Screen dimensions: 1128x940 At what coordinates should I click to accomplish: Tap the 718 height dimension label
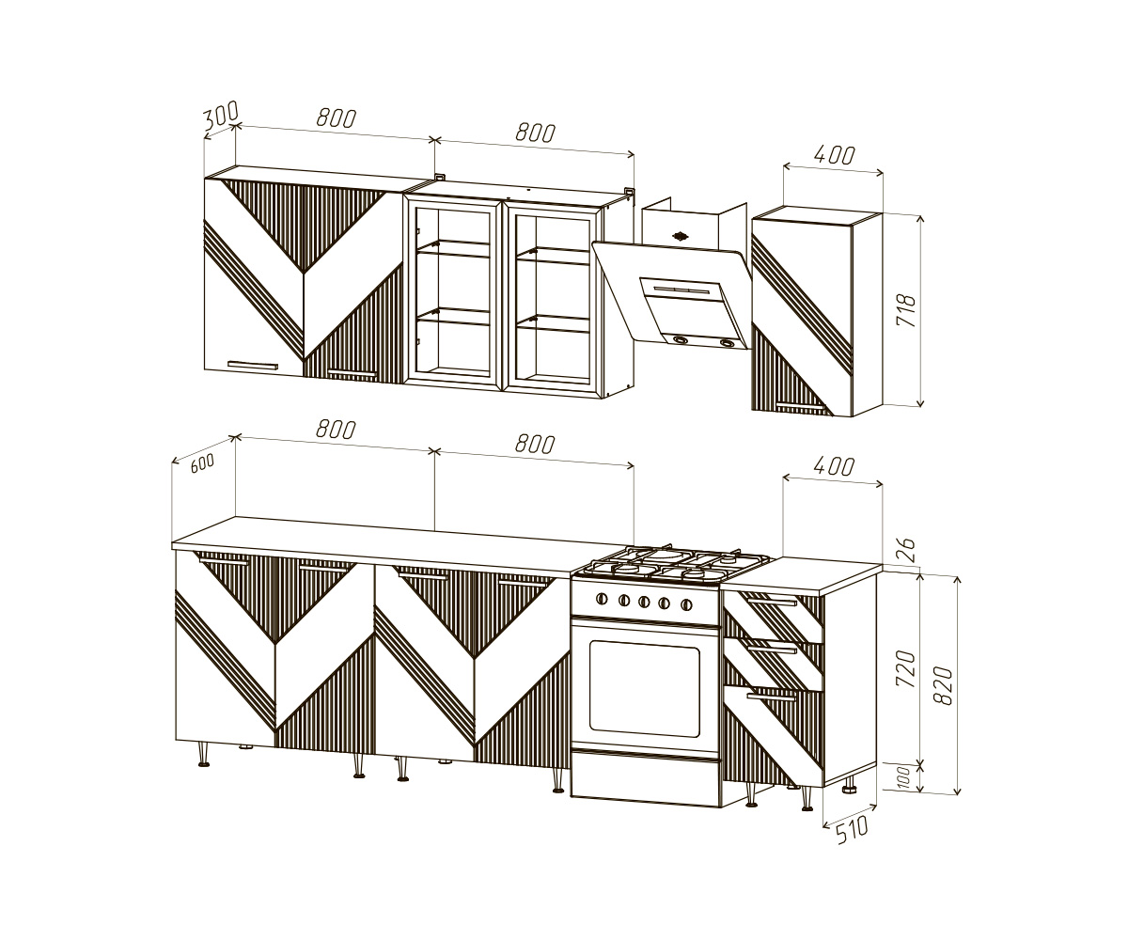coord(906,310)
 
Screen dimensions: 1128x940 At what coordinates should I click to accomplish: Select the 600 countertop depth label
coord(202,463)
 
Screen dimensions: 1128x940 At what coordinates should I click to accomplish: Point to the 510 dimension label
coord(852,829)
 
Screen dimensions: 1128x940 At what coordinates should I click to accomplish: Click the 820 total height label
coord(943,685)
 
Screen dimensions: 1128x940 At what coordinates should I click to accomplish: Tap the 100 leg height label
coord(904,776)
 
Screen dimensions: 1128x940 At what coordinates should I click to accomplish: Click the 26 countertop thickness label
coord(908,549)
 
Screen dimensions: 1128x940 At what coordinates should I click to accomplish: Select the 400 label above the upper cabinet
coord(834,156)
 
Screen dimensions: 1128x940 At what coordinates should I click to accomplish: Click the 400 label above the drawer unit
coord(834,467)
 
